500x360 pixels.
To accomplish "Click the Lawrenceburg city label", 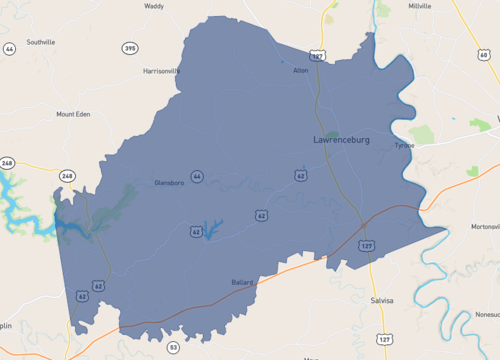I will tap(341, 140).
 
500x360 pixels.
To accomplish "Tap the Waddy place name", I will tap(154, 6).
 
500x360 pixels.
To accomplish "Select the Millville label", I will tap(421, 6).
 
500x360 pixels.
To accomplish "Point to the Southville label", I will tap(41, 42).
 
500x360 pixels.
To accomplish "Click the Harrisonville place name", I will tap(161, 72).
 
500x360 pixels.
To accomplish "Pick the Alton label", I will tap(301, 71).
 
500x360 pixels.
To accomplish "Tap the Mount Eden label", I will tap(73, 114).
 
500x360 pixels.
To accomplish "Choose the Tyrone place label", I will tap(404, 145).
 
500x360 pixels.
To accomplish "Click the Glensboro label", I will tap(171, 183).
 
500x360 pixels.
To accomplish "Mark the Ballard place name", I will tap(243, 282).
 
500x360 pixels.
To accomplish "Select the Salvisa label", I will tap(380, 300).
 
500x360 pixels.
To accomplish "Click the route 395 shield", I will tap(130, 48).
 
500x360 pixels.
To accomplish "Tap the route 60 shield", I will tap(484, 55).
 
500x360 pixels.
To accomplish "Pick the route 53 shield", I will tap(173, 346).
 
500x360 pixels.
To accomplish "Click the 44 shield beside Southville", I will tap(9, 48).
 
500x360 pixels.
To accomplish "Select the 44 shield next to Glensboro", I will tap(197, 177).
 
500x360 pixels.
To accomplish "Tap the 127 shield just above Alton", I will tap(317, 57).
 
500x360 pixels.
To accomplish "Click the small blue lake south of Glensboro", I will tap(211, 227).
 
